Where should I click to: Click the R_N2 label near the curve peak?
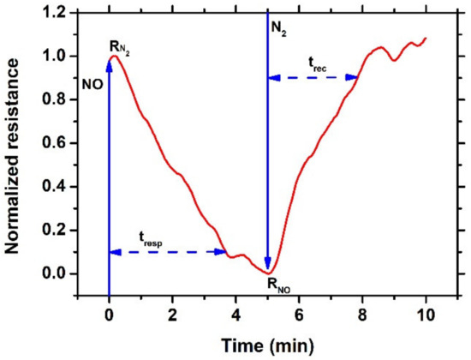tap(119, 45)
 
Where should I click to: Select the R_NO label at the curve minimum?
tap(277, 289)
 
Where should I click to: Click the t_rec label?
tap(316, 62)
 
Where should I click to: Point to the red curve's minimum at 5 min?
tap(268, 273)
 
